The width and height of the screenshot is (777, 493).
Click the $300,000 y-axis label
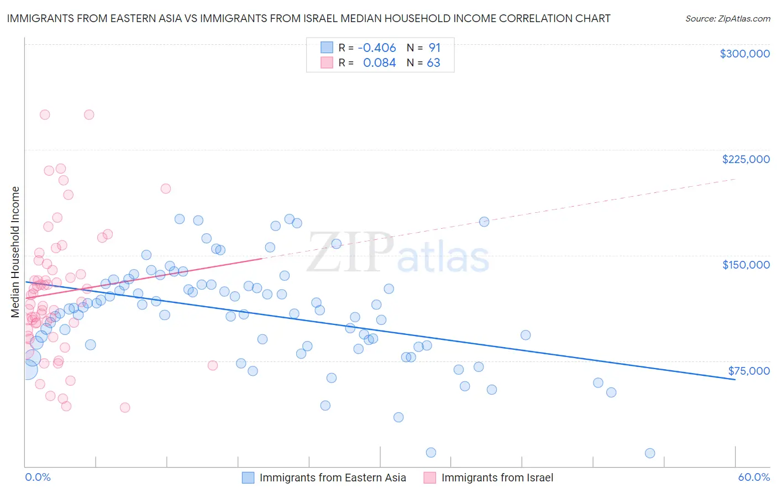pos(744,54)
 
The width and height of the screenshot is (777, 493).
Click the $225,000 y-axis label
pos(746,159)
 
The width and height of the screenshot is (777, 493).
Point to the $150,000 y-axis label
pos(746,265)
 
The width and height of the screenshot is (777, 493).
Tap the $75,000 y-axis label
pos(749,371)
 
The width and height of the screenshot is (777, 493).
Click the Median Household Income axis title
pos(15,252)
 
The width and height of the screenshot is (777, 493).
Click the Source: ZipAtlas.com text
pos(727,18)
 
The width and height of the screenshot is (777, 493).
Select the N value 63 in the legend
pos(433,63)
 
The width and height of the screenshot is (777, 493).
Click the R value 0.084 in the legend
pos(379,63)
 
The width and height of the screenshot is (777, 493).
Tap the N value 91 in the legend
pos(434,48)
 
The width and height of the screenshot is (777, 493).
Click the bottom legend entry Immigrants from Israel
pos(497,478)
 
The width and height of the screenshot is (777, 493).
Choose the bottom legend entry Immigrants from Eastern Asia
pos(332,478)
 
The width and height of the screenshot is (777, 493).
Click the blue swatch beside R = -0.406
pos(327,48)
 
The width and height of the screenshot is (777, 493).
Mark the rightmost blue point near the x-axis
pos(650,453)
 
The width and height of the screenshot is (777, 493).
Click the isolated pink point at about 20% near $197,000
pos(165,188)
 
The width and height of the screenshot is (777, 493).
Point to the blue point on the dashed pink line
pos(484,222)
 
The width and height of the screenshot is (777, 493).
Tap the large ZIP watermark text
pos(350,253)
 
